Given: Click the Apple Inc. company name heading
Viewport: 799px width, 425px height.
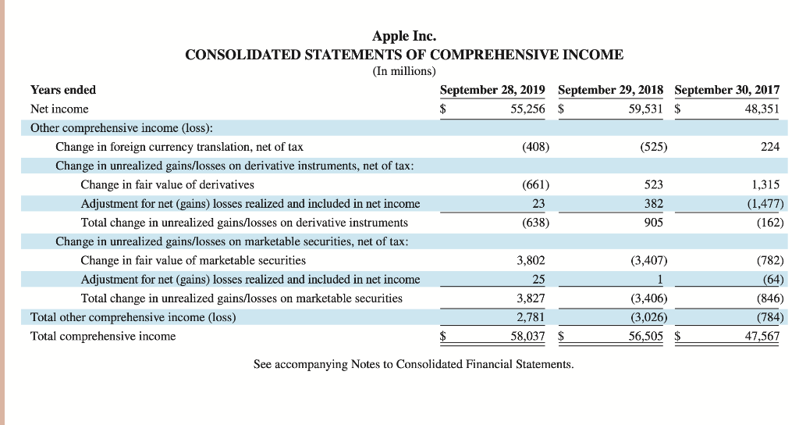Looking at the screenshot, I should (404, 36).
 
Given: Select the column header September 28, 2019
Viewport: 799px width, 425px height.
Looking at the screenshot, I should (492, 90).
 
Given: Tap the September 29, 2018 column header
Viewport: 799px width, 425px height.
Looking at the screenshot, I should (610, 90).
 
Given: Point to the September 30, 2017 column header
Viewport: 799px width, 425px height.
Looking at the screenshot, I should (726, 90).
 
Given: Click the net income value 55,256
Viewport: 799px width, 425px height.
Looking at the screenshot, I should (527, 109).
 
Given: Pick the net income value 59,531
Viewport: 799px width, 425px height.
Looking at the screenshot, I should (646, 109).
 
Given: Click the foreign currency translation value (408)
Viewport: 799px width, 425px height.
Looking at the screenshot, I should (535, 147).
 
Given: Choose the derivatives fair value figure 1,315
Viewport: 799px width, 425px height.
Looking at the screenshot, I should (765, 184).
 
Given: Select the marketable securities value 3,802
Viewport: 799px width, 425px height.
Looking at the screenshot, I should (531, 260).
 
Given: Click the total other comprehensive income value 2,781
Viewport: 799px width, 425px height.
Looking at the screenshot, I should (531, 317).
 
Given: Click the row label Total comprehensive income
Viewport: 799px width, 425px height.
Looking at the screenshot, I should (103, 336).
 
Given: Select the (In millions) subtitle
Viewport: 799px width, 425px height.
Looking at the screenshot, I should (404, 71).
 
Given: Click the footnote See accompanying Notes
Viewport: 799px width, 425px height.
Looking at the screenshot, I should (414, 364).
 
